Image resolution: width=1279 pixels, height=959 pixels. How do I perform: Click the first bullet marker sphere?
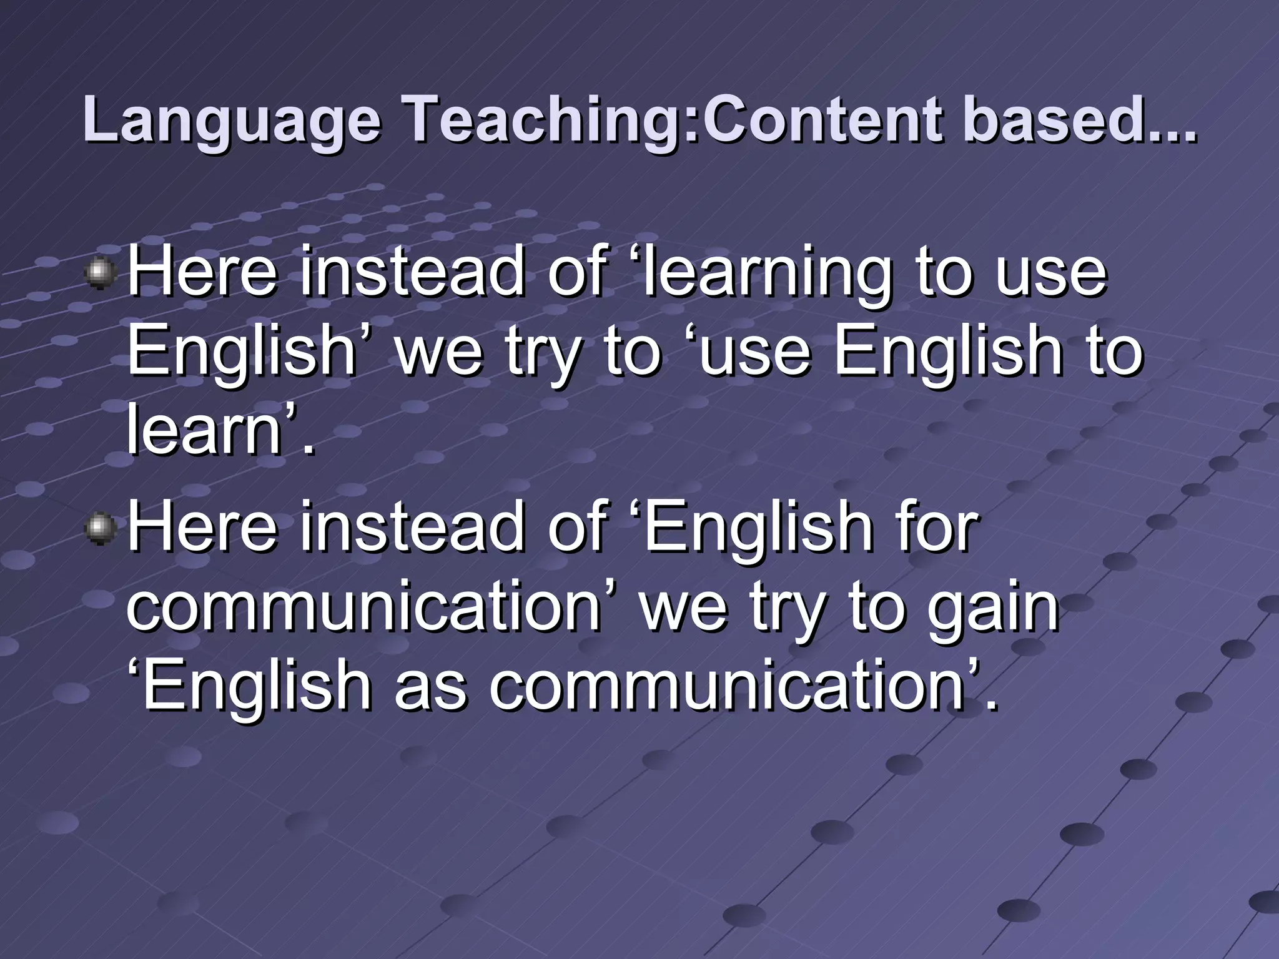point(101,275)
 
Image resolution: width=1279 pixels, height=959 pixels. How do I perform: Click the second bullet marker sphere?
point(101,530)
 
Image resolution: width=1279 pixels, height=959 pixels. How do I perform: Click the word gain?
point(993,608)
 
